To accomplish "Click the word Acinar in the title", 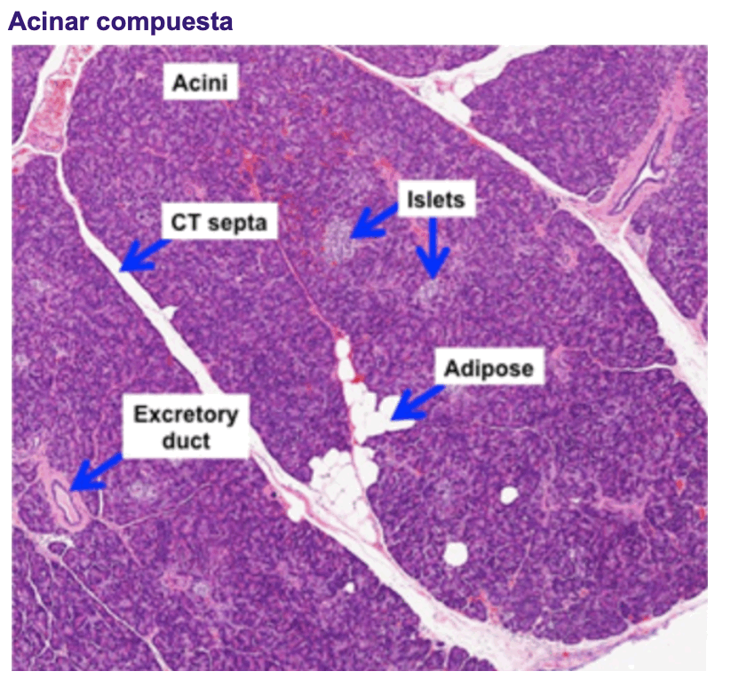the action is coord(46,21).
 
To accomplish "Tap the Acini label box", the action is coord(200,83).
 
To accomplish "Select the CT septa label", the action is coord(220,223).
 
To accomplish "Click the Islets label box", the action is coord(435,200).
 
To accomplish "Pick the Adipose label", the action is coord(490,367).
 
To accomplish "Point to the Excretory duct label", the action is coord(186,426).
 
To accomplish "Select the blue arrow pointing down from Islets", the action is coord(433,249).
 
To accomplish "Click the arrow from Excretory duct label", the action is coord(94,476).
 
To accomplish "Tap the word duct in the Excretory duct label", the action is coord(186,439).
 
